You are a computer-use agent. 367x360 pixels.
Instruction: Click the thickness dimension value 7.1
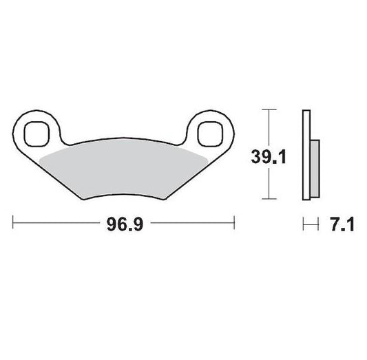click(x=342, y=224)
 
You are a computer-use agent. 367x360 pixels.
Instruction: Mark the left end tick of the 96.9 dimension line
click(x=14, y=224)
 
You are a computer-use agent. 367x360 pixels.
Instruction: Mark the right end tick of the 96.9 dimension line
click(x=236, y=224)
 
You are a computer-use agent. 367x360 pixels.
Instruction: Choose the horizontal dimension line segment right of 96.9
click(x=193, y=224)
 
